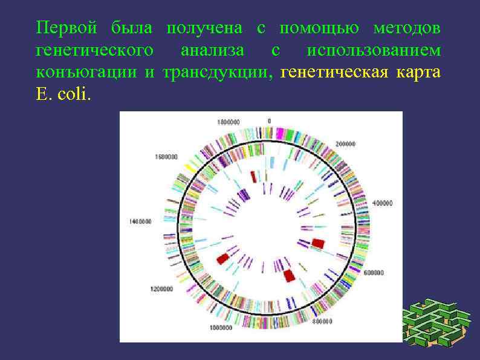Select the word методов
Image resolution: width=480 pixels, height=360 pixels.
pyautogui.click(x=407, y=28)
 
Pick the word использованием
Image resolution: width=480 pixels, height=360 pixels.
pyautogui.click(x=374, y=51)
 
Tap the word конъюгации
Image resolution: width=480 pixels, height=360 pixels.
pyautogui.click(x=86, y=73)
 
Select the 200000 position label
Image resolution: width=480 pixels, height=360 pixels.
pyautogui.click(x=346, y=144)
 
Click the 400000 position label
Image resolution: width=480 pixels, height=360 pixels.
pyautogui.click(x=383, y=203)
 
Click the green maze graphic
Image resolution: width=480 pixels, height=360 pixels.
pyautogui.click(x=437, y=321)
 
